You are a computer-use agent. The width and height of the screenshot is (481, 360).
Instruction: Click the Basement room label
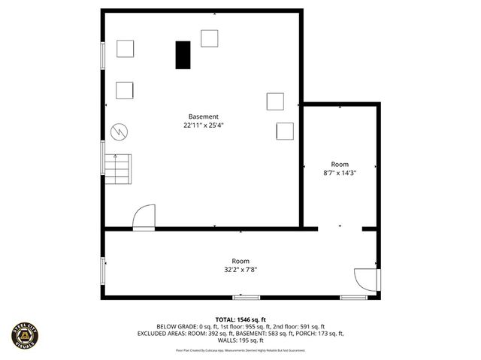(x=204, y=116)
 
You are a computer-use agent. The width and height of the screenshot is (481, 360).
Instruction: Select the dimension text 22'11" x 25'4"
(x=204, y=126)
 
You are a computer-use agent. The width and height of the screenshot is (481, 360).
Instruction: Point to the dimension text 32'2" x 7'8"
(x=240, y=270)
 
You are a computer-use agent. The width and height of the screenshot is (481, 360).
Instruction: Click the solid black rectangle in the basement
(x=183, y=55)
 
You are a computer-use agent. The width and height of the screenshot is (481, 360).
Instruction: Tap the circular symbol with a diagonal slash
(x=119, y=132)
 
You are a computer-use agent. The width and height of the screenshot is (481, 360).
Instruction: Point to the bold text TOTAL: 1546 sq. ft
(x=240, y=319)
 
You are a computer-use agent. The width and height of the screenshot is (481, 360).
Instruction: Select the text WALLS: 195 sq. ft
(x=240, y=340)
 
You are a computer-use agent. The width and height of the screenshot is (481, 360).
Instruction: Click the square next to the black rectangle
(x=210, y=38)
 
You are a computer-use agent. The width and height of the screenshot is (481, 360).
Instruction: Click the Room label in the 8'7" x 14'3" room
(x=340, y=164)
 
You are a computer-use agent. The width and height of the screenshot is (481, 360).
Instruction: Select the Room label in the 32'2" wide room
(x=240, y=261)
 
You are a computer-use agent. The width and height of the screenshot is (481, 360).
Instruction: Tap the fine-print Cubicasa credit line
(x=240, y=350)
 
